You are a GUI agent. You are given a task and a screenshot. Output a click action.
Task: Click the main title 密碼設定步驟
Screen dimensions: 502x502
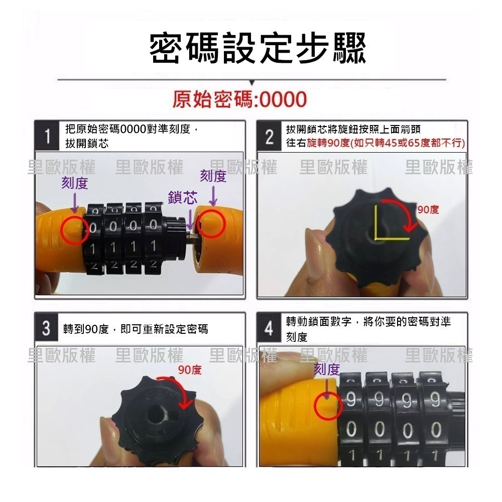pyautogui.click(x=258, y=48)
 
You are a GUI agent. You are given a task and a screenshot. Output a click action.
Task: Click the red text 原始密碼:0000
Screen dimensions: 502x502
pyautogui.click(x=239, y=99)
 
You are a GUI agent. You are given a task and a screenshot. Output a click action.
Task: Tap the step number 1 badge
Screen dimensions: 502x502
pyautogui.click(x=47, y=136)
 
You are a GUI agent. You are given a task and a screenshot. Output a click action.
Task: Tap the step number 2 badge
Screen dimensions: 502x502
pyautogui.click(x=269, y=137)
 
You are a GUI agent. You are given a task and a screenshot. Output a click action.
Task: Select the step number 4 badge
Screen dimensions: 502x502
pyautogui.click(x=269, y=328)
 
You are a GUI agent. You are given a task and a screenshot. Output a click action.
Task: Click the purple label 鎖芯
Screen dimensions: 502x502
pyautogui.click(x=183, y=197)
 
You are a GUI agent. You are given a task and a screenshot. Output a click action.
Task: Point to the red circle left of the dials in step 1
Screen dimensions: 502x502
pyautogui.click(x=75, y=230)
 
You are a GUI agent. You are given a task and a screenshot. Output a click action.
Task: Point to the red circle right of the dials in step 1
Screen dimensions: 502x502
pyautogui.click(x=211, y=223)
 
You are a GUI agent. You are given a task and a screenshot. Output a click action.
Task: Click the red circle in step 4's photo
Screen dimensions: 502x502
pyautogui.click(x=328, y=406)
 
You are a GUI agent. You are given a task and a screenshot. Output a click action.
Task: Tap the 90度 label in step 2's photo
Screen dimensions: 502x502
pyautogui.click(x=428, y=210)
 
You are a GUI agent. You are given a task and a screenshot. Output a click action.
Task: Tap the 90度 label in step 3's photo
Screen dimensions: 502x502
pyautogui.click(x=190, y=370)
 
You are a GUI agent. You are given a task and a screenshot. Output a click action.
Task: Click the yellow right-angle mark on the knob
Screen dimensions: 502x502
pyautogui.click(x=375, y=238)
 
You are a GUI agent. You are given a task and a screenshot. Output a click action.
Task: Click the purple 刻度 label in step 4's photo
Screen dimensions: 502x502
pyautogui.click(x=327, y=369)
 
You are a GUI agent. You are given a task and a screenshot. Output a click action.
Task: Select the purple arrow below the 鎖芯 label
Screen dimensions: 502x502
pyautogui.click(x=190, y=220)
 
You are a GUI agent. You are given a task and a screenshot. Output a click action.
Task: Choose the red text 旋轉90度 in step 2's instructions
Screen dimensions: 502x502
pyautogui.click(x=328, y=143)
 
